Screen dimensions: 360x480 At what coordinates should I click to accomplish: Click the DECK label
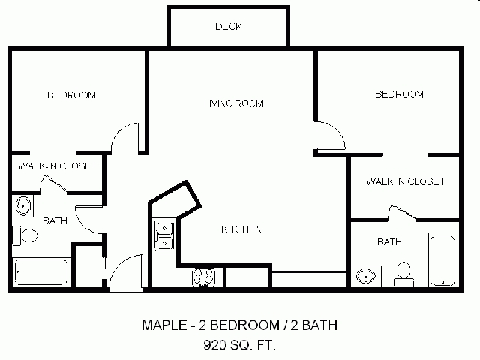pos(228,27)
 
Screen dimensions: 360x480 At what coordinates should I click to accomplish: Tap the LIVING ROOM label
pos(233,103)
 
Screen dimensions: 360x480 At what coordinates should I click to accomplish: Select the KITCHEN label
pos(240,229)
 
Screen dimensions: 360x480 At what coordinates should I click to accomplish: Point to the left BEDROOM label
pos(72,95)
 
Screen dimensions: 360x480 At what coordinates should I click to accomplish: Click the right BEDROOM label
pos(399,94)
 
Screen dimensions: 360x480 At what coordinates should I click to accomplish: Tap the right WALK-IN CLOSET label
pos(405,181)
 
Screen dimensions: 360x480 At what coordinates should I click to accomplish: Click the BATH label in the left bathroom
pos(55,221)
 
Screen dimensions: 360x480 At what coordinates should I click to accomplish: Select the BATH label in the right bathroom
pos(388,241)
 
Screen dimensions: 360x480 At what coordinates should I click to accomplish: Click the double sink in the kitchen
pos(164,234)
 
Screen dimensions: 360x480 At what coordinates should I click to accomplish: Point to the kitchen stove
pos(203,277)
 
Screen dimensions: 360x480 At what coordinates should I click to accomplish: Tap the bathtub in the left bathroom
pos(41,271)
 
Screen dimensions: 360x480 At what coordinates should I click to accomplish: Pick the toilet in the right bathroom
pos(404,274)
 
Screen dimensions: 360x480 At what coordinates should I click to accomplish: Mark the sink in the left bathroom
pos(24,205)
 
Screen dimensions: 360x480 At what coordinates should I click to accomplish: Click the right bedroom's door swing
pos(330,136)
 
